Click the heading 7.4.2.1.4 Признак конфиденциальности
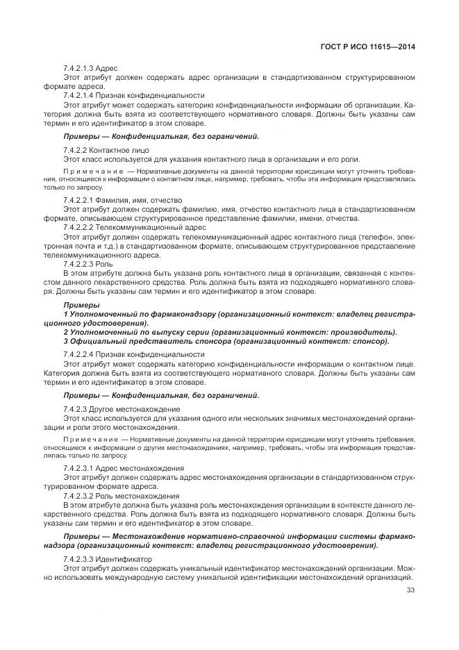tap(133, 95)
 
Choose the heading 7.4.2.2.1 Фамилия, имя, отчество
tap(122, 199)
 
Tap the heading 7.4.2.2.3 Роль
tap(88, 264)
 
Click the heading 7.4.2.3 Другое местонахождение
tap(122, 409)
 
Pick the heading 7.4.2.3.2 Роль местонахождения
tap(121, 496)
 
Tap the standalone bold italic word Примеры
tap(81, 305)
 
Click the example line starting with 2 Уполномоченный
tap(229, 332)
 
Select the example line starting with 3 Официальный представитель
tap(226, 341)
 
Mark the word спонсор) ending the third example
tap(369, 341)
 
